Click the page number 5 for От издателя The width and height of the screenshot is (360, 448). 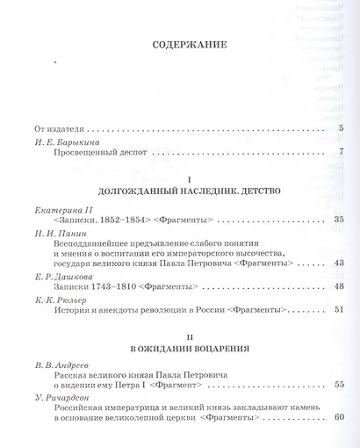pos(340,130)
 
